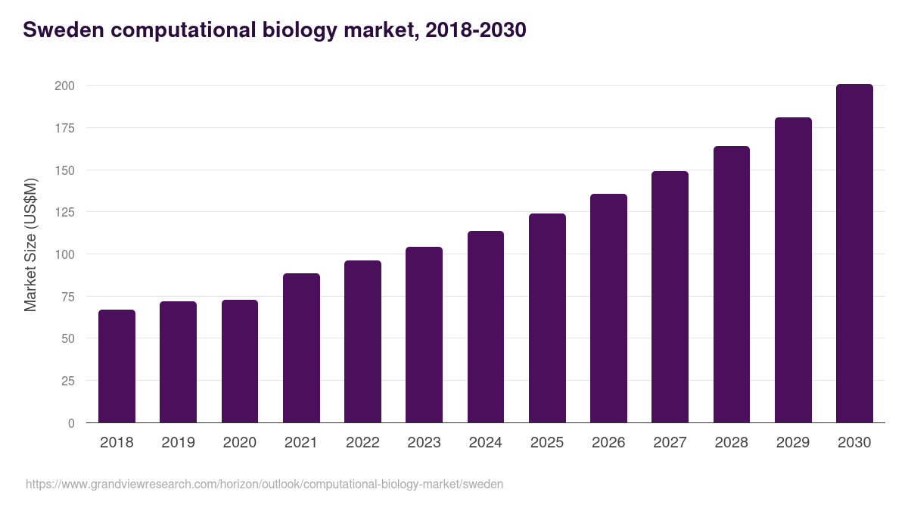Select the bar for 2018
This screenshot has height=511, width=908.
(x=117, y=366)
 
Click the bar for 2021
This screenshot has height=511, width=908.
(x=301, y=348)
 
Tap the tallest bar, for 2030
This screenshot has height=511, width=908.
(x=854, y=254)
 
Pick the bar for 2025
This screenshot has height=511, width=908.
(x=547, y=318)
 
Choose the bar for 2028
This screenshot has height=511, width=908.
(x=731, y=285)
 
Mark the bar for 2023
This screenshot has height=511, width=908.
(x=424, y=335)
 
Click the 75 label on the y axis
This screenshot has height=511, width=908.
(x=68, y=297)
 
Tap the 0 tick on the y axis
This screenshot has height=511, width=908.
(x=72, y=423)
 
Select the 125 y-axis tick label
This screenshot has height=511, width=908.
(x=65, y=213)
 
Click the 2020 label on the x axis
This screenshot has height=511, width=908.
(x=239, y=443)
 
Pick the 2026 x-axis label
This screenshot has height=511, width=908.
(x=608, y=443)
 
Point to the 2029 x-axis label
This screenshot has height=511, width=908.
(x=793, y=443)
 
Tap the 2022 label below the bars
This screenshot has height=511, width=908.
(x=362, y=443)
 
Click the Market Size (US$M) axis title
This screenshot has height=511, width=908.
(x=30, y=245)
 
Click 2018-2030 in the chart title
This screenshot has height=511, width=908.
(x=475, y=30)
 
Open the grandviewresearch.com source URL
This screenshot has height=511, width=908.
(x=264, y=484)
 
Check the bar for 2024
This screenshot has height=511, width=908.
(x=485, y=327)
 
